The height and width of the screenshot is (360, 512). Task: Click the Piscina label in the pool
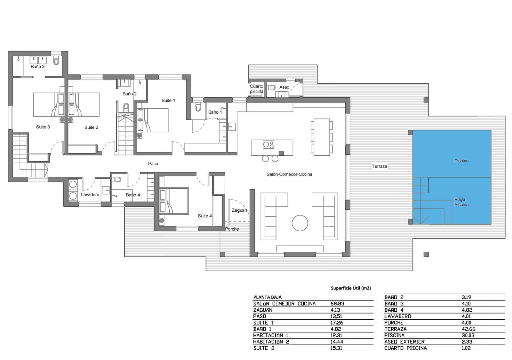click(461, 161)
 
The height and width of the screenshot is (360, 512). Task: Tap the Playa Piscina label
click(461, 202)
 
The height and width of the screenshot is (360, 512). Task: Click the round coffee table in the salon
click(300, 223)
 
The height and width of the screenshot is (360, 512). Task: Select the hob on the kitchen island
click(268, 145)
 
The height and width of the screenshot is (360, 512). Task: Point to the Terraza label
click(379, 166)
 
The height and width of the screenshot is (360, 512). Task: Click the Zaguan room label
click(239, 210)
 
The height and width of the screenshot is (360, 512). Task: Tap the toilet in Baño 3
click(56, 61)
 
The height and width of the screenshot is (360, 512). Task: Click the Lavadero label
click(90, 195)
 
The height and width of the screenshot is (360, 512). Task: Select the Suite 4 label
click(205, 216)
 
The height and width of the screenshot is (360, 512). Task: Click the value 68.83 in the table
click(337, 304)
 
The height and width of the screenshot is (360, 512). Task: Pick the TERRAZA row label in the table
click(396, 329)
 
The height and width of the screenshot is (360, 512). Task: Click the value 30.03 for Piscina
click(468, 335)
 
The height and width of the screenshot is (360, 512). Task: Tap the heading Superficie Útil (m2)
click(351, 288)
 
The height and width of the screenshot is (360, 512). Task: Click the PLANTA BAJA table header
click(268, 297)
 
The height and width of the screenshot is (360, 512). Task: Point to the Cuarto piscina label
click(257, 89)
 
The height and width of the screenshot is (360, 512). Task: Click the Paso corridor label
click(153, 164)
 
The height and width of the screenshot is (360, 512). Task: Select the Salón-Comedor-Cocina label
click(289, 174)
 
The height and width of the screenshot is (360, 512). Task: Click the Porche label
click(232, 229)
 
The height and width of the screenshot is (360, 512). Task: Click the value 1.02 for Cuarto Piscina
click(466, 348)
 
